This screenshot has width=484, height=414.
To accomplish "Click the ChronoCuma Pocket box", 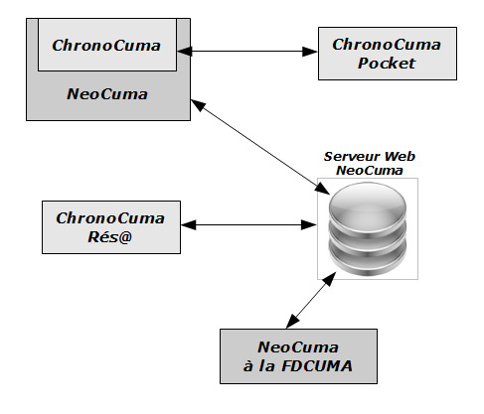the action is point(388,54).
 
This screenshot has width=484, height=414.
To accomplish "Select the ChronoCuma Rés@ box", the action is point(111,227).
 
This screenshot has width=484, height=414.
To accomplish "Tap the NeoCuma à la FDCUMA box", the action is point(298,356).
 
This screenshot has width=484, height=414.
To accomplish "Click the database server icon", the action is point(368,229).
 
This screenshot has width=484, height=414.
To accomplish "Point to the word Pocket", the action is point(387,63).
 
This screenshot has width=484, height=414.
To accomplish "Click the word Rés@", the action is point(110,236).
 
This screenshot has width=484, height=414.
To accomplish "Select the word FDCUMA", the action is point(317,366).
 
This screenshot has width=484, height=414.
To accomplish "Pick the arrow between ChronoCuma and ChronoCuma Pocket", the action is point(247,52).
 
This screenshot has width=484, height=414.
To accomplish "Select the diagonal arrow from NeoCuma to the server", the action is point(260,147).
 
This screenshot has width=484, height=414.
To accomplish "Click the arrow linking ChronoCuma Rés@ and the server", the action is point(248,225).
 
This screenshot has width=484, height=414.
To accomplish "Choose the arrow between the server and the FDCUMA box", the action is point(311,300).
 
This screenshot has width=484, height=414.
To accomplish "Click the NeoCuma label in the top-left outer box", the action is point(107,94).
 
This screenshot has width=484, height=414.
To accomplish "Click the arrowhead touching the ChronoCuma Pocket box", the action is point(309,52).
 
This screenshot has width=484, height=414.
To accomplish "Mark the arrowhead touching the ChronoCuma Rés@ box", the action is point(189,225).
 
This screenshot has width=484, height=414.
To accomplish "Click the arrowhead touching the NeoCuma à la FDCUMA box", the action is point(292,321).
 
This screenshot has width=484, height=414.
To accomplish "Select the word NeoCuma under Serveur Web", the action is point(370,171).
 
